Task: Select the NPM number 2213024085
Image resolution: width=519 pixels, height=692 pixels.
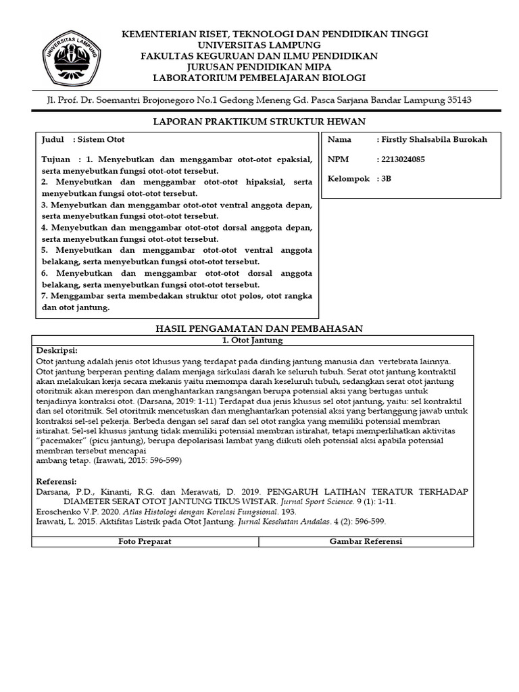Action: pyautogui.click(x=403, y=160)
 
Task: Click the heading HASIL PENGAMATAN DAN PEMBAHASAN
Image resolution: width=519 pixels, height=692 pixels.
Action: pyautogui.click(x=260, y=328)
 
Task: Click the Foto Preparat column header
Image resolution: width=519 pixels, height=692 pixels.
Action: pyautogui.click(x=145, y=542)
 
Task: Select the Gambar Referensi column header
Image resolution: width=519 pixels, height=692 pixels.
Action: pyautogui.click(x=366, y=542)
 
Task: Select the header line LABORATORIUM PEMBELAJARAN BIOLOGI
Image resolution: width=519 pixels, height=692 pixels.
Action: pyautogui.click(x=259, y=78)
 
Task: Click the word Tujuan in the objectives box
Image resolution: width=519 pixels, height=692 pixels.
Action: pyautogui.click(x=55, y=159)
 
